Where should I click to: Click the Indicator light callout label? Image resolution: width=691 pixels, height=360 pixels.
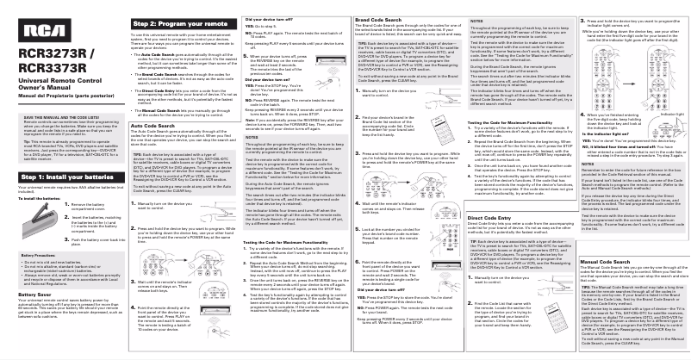pyautogui.click(x=665, y=136)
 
